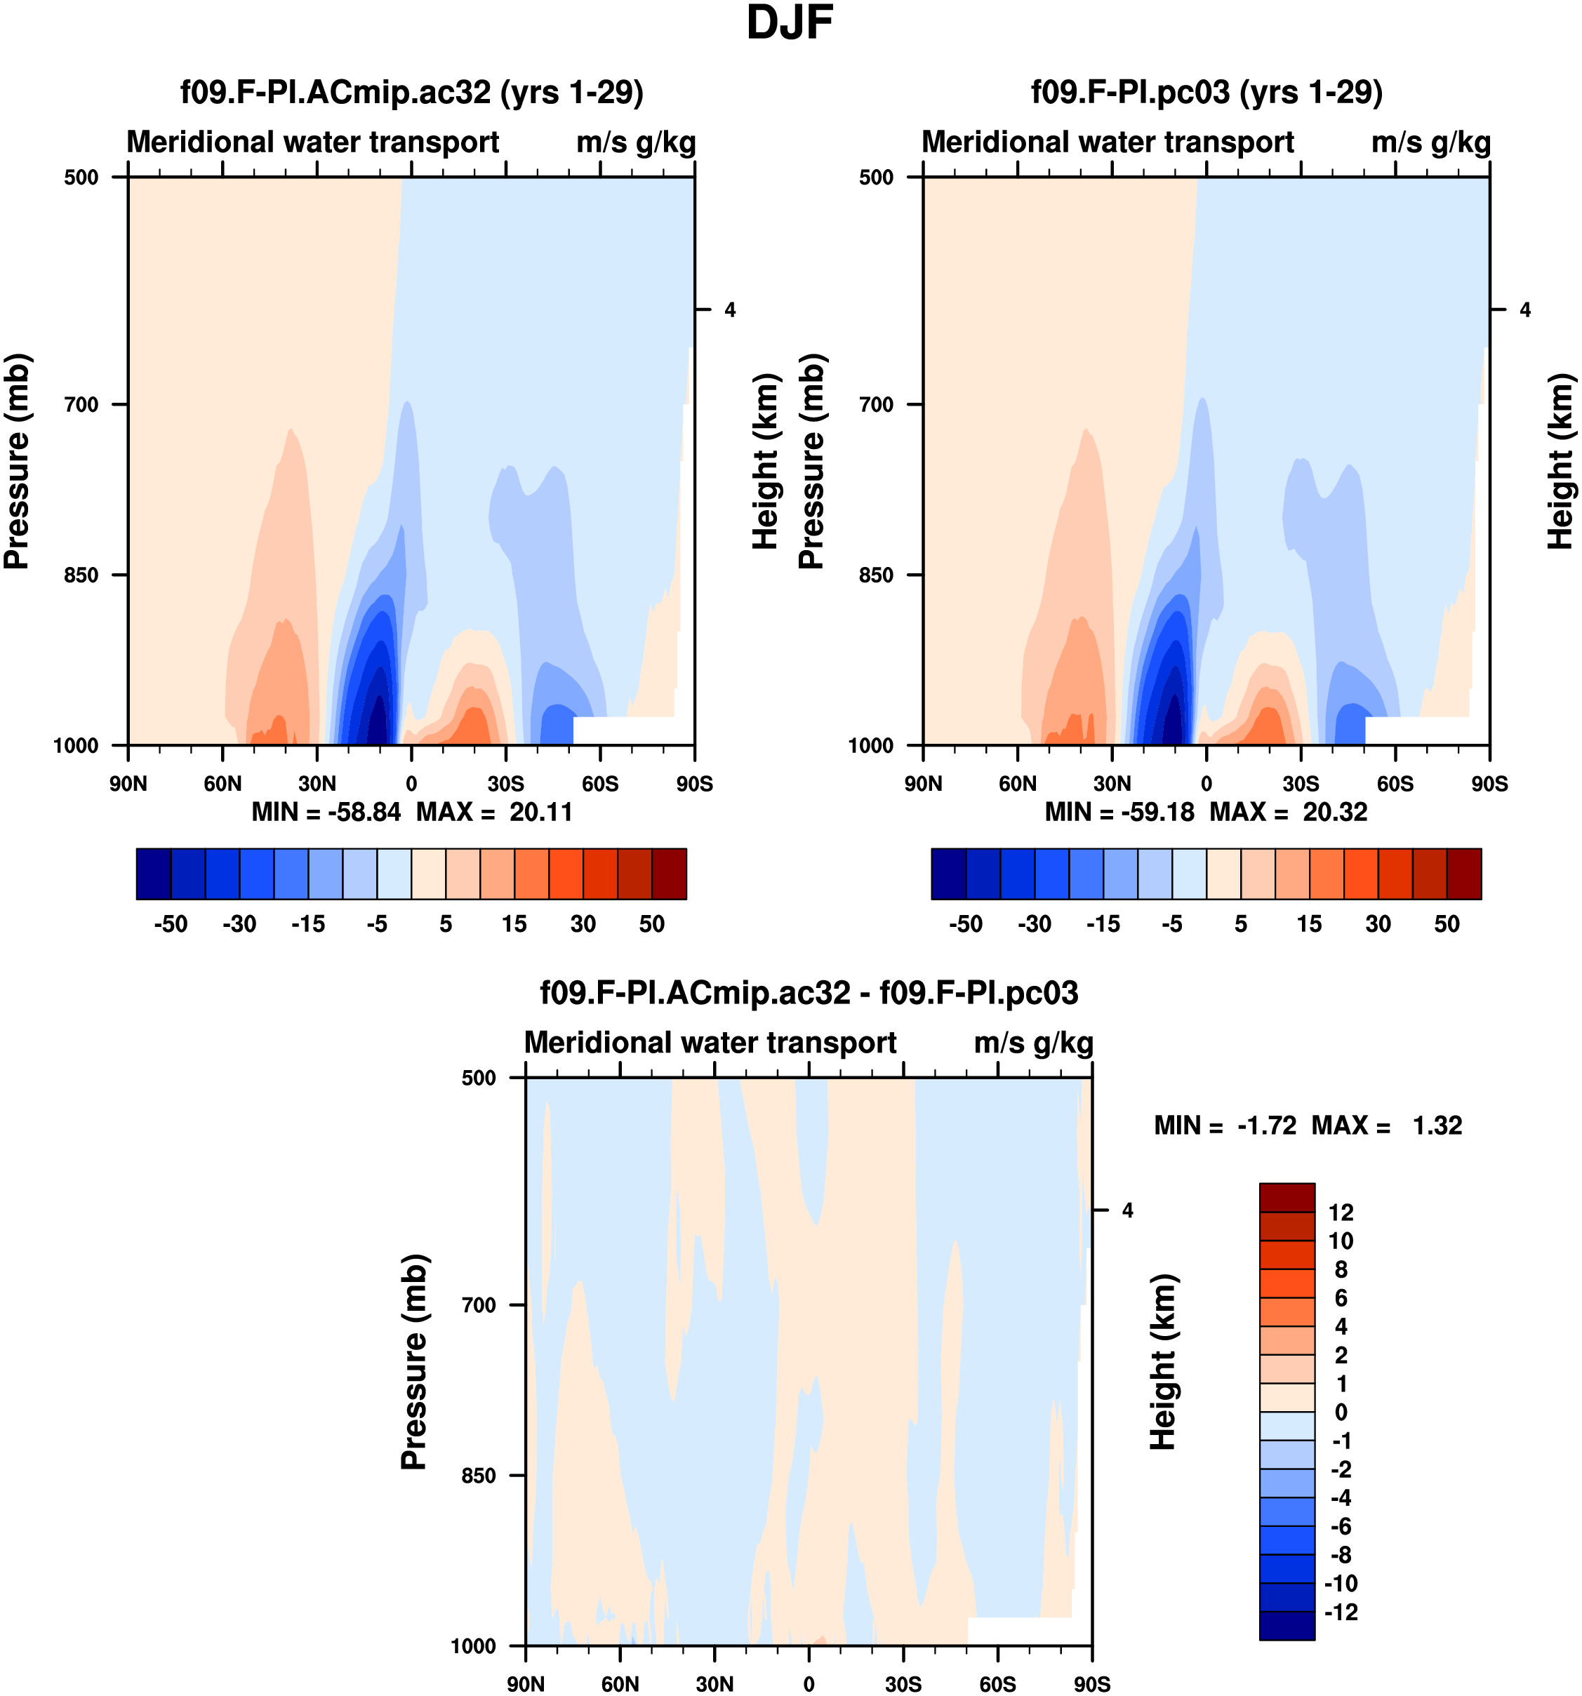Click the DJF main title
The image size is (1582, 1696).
tap(790, 23)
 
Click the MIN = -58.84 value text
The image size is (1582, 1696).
tap(326, 812)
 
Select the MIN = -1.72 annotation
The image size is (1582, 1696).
tap(1225, 1126)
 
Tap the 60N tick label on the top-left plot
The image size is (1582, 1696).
tap(222, 784)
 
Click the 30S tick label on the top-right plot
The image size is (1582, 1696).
tap(1301, 784)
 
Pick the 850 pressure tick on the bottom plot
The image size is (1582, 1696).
tap(479, 1475)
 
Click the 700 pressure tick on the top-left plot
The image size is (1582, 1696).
tap(82, 404)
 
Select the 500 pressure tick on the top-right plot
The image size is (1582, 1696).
tap(877, 178)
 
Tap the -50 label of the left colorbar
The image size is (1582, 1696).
tap(171, 924)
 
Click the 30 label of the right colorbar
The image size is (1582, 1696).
tap(1378, 924)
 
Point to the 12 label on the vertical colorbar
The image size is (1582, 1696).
tap(1341, 1213)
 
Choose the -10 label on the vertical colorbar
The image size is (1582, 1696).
tap(1341, 1584)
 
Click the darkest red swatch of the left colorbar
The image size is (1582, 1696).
tap(669, 874)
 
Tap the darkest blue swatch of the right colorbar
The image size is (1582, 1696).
tap(949, 874)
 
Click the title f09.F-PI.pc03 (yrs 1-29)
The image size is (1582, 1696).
tap(1207, 92)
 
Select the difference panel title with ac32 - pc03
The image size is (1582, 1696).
tap(809, 993)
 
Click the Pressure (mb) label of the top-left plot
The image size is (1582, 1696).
tap(17, 462)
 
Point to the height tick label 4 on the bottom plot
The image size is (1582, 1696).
tap(1127, 1210)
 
